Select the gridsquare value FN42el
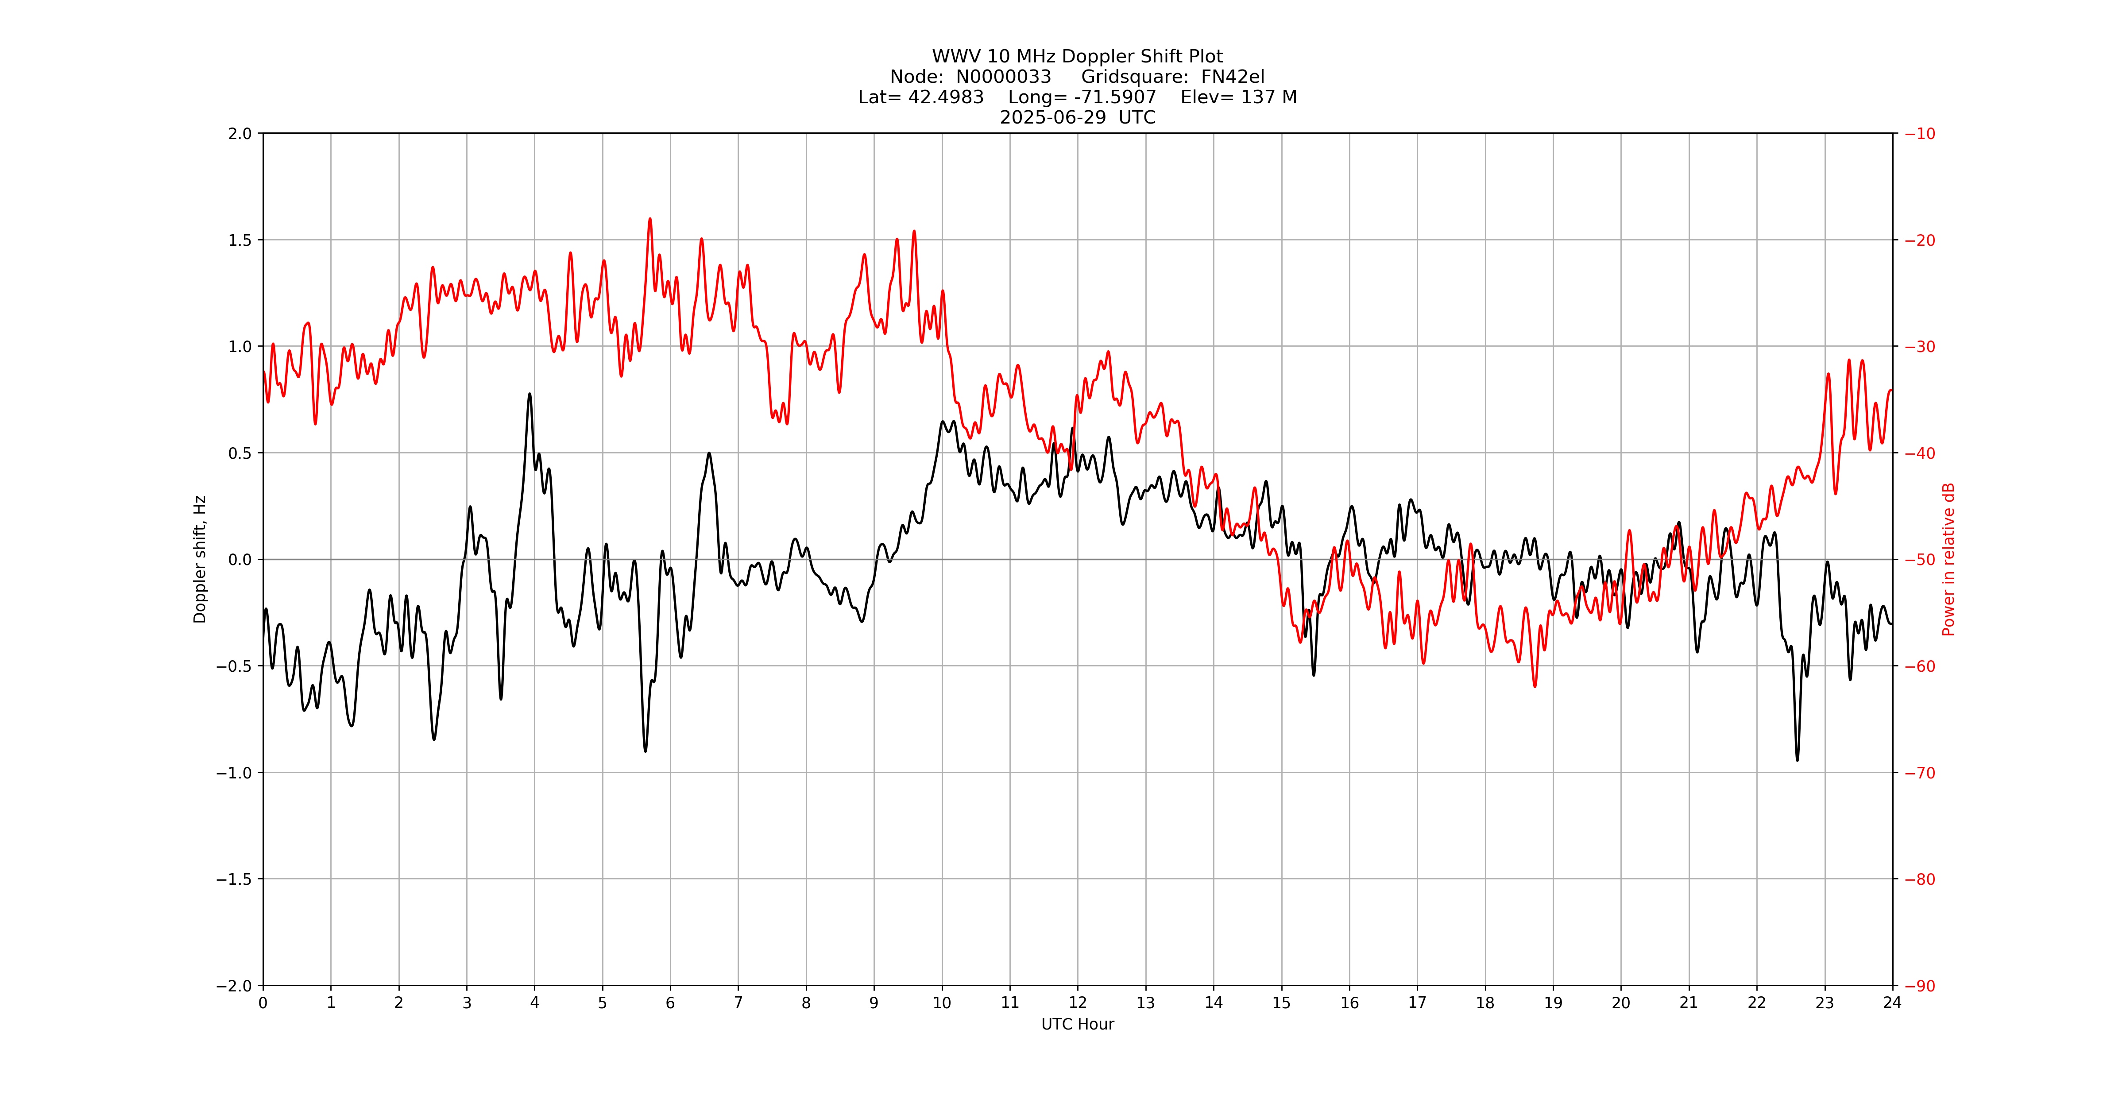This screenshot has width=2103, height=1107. coord(1232,77)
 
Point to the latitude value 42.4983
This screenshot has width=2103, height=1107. coord(945,97)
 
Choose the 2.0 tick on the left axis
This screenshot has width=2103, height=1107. coord(240,134)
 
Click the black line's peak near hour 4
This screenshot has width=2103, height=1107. coord(530,394)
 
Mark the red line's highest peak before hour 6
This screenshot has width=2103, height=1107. coord(650,219)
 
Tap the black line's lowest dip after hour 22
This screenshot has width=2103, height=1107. coord(1797,760)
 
